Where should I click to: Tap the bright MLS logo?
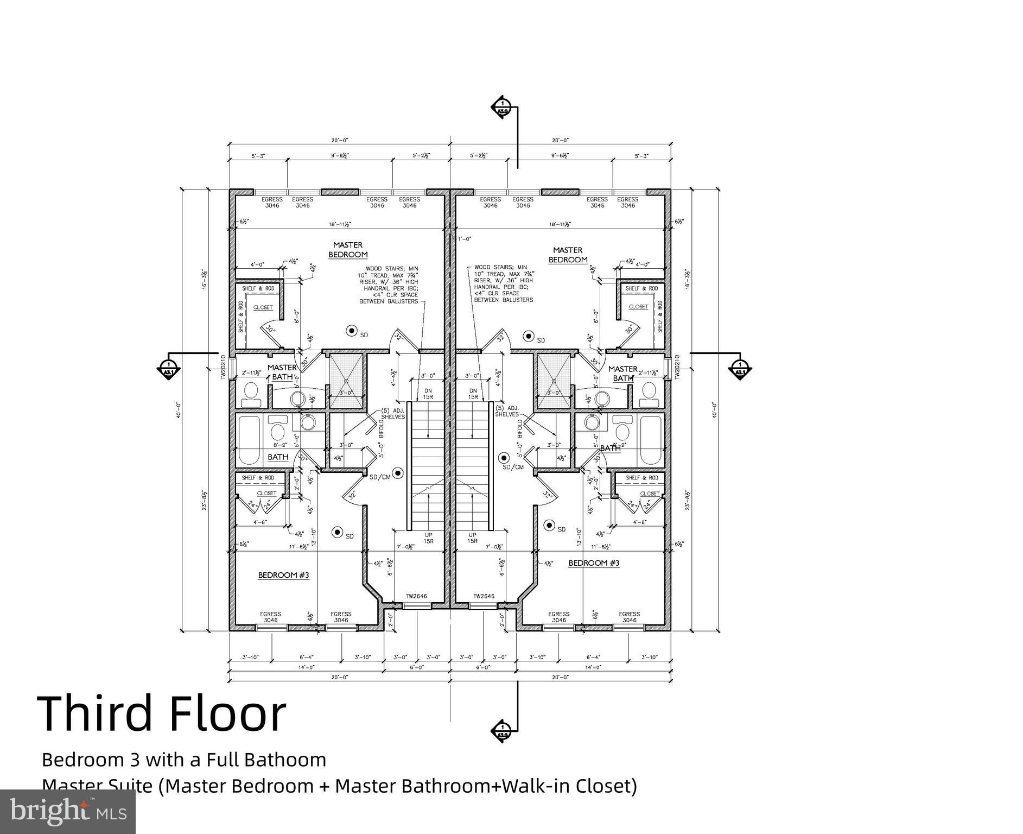67,812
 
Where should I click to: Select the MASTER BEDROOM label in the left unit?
347,250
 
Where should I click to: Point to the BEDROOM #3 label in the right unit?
593,563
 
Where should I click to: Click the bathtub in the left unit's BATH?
249,440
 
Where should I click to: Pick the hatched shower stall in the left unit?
346,380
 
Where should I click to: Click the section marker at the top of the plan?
502,107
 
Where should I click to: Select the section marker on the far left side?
168,367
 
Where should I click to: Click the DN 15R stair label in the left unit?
428,394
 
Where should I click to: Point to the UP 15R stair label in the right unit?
473,538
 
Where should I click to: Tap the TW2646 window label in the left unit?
416,596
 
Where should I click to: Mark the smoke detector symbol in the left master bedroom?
351,330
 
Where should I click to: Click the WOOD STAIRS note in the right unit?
503,283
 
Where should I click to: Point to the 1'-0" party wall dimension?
464,239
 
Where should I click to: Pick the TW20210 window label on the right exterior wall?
677,367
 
